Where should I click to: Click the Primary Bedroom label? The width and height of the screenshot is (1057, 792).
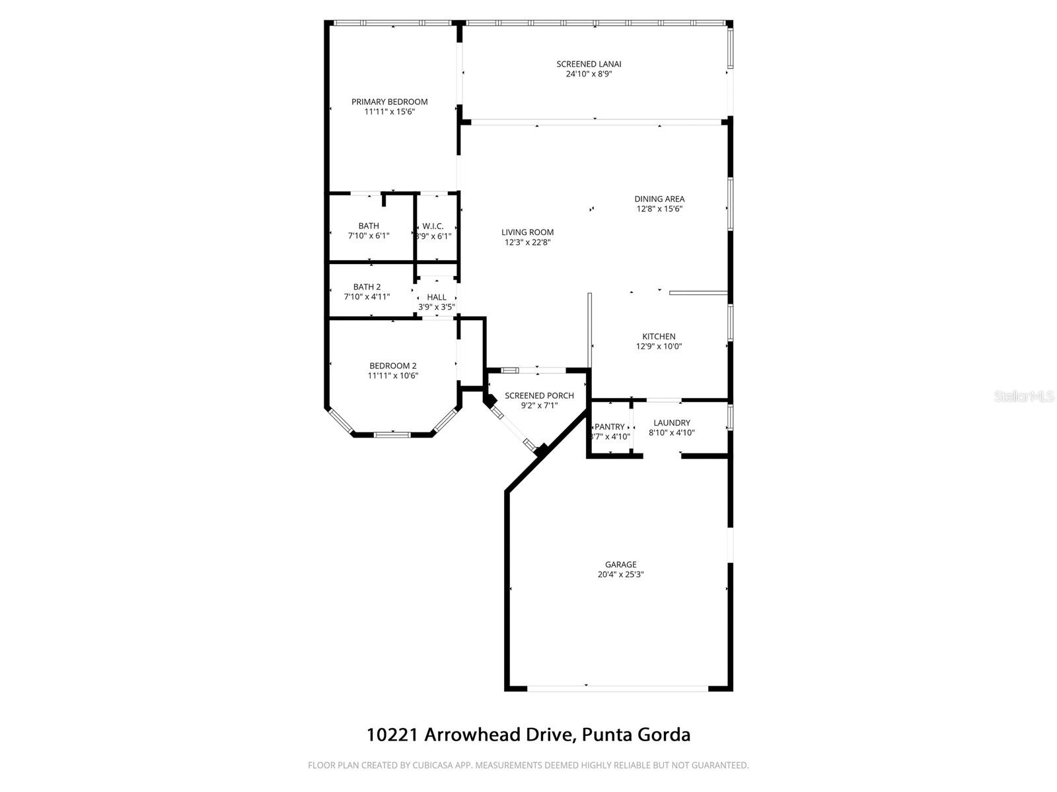(389, 102)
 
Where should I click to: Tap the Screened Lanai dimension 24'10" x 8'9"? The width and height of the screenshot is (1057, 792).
(589, 75)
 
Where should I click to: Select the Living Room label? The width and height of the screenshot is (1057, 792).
(527, 232)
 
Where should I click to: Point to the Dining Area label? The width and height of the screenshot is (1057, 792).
(659, 199)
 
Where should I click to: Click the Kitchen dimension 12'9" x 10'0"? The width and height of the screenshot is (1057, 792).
(659, 346)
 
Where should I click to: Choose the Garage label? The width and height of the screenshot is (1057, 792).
(621, 564)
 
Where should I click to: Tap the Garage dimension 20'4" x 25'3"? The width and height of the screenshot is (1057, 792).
(621, 574)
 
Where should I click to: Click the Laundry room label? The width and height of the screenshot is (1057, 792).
(672, 423)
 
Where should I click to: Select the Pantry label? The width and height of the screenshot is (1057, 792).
(610, 427)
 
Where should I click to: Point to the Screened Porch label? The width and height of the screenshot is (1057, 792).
(539, 396)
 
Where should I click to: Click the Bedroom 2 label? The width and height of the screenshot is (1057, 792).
(392, 366)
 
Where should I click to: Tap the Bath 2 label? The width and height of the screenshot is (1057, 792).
(367, 287)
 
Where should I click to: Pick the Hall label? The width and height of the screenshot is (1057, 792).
(437, 298)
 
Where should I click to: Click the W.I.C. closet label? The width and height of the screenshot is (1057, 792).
(433, 226)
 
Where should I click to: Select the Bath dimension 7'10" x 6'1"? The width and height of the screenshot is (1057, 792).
(369, 236)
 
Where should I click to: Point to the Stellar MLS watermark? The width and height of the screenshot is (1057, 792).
(1024, 397)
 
